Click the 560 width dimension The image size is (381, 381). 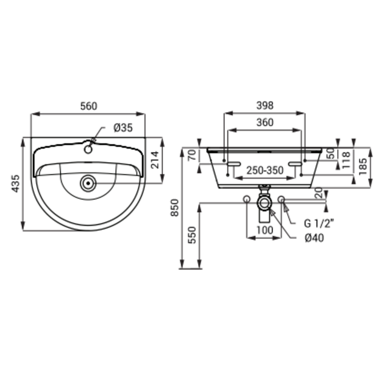[x=88, y=106]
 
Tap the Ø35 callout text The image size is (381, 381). [x=123, y=128]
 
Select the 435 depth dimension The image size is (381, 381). [x=16, y=183]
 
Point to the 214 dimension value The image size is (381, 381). [x=155, y=160]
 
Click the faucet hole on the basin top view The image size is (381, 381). [x=88, y=149]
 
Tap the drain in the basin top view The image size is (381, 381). [x=88, y=183]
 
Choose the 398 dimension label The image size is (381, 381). [x=265, y=105]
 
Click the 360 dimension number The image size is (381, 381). [x=265, y=123]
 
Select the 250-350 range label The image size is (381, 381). [x=265, y=171]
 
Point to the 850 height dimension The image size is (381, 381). [x=175, y=207]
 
